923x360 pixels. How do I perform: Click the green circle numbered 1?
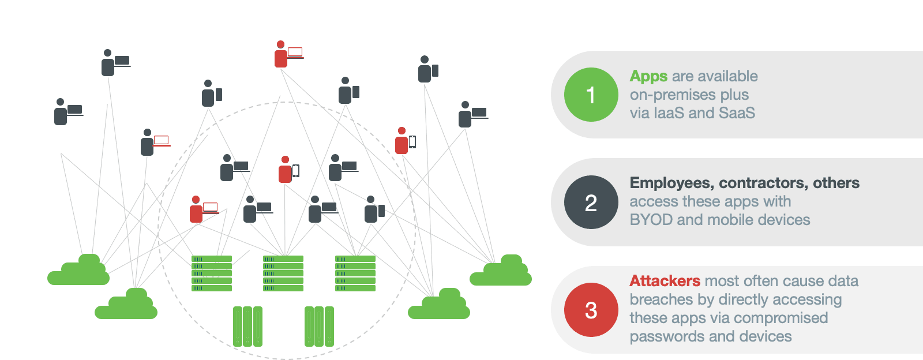(591, 95)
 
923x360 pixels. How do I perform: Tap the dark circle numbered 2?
(591, 202)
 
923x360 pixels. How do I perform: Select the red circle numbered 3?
(591, 310)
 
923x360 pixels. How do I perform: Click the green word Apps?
(648, 76)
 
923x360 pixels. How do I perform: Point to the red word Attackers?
(665, 281)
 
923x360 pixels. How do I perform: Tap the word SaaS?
(737, 113)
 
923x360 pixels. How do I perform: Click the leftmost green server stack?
(212, 273)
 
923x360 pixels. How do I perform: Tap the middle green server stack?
(283, 273)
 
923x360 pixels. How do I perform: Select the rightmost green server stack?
(355, 273)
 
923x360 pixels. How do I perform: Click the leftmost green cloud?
(78, 271)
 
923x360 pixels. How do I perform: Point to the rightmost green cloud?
(501, 272)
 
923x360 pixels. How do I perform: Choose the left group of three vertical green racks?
(247, 327)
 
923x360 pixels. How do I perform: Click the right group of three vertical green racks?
(319, 327)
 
